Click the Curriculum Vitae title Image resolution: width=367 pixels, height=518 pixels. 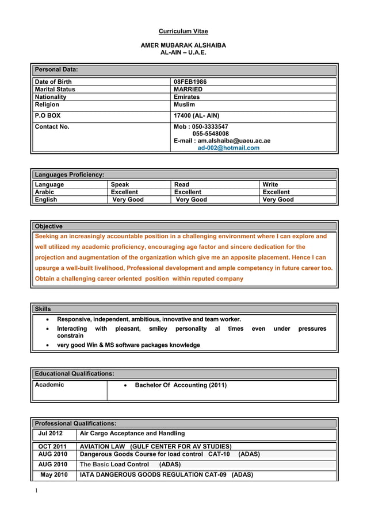[183, 31]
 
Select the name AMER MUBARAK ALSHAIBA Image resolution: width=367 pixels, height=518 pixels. [183, 45]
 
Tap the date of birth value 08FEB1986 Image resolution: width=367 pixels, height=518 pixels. [190, 82]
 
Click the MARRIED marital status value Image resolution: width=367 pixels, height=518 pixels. [188, 90]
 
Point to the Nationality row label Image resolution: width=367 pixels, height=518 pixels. [51, 97]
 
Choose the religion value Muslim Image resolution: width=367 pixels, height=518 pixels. [184, 105]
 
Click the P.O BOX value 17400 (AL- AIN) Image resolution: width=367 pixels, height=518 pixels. [196, 115]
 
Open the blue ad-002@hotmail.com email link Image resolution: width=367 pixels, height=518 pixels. [228, 148]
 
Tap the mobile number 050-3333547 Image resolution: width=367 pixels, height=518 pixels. [209, 126]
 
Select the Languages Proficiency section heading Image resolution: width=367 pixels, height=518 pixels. [70, 174]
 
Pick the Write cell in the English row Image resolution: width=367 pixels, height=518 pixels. [278, 199]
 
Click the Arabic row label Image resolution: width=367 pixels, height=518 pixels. [44, 192]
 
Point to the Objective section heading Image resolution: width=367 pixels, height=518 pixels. [49, 226]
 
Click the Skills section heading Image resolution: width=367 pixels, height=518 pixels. [43, 309]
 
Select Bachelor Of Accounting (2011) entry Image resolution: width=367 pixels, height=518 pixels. [180, 385]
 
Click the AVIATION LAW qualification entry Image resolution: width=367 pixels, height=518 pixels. [155, 446]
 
